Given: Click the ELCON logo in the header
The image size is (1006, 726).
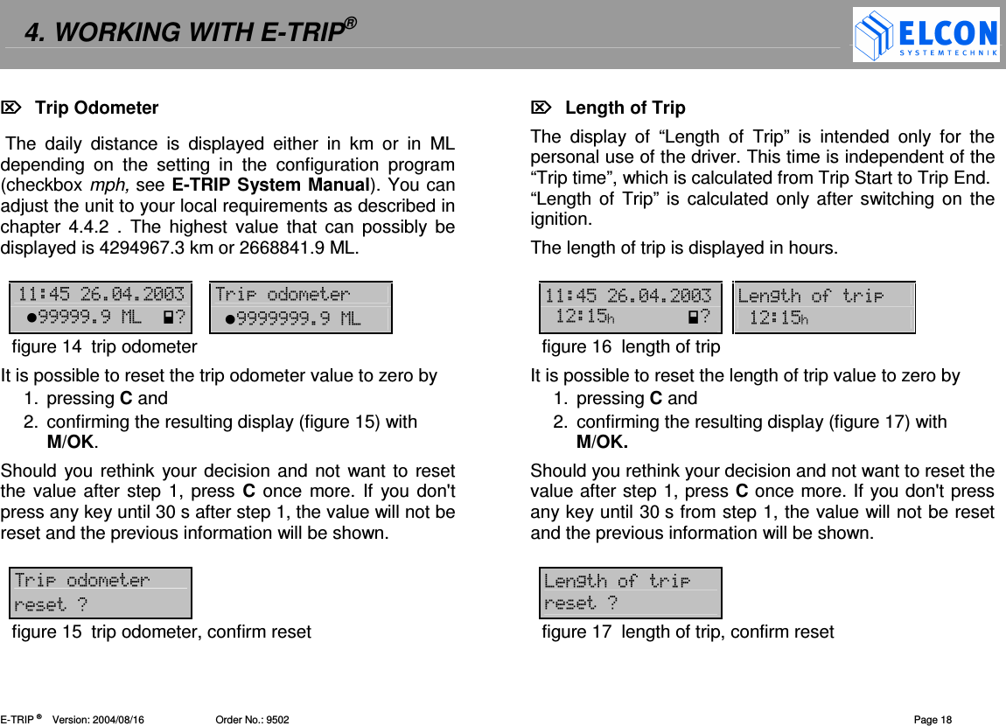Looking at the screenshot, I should coord(926,35).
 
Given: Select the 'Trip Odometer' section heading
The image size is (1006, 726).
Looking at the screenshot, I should coord(96,108).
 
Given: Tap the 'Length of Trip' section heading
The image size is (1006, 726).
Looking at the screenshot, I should coord(625,108).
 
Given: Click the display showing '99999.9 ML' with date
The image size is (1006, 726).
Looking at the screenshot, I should coord(101,307).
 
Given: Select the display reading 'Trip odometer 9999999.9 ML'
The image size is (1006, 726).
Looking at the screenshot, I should coord(301,307).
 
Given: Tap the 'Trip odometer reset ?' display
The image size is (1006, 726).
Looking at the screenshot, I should coord(101,593).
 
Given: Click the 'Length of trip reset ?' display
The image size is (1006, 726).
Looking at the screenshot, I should coord(631,593).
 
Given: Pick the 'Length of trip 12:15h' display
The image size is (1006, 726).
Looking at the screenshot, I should coord(823,307).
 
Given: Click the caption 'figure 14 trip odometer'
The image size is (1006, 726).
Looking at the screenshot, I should coord(104,347).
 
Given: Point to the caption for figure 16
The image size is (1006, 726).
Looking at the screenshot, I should coord(631,347).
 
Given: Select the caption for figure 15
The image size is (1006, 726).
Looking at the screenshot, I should coord(161,632).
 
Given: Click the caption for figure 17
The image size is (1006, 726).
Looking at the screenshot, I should coord(688,632).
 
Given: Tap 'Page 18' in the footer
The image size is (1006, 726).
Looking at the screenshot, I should coord(933,720).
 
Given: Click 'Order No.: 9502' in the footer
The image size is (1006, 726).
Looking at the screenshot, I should coord(252,720).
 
